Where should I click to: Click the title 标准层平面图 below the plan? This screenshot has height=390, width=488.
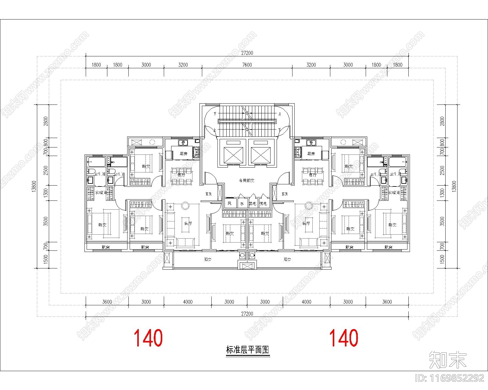point(248,349)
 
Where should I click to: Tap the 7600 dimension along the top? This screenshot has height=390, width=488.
point(247,65)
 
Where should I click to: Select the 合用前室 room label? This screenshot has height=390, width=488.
point(246,180)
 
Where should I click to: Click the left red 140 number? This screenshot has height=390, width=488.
point(148,338)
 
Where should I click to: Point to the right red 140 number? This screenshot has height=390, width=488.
point(344,338)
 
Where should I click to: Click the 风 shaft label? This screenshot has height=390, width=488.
point(230,204)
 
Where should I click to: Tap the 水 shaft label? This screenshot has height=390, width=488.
point(242,204)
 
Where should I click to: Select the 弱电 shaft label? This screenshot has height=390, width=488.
point(252,204)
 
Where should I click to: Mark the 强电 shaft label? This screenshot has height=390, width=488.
point(263,204)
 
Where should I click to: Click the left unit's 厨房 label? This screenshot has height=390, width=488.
point(183,154)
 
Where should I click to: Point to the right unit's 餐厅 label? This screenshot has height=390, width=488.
point(313,175)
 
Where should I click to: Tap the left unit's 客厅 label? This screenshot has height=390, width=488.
point(188,223)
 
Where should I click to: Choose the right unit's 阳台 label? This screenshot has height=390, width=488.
point(287,260)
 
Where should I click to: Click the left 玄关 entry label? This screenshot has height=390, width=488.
point(209,194)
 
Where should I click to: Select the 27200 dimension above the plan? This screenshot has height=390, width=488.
point(247,53)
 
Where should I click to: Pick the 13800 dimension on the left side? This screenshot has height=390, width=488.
point(34,186)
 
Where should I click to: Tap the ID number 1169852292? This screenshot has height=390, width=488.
point(450,378)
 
